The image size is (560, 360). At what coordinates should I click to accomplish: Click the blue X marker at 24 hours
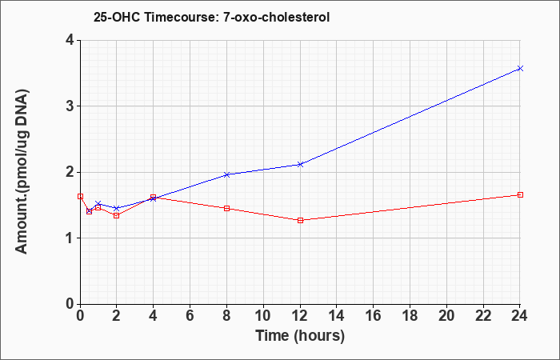pos(520,68)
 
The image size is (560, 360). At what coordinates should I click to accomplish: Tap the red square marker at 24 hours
pos(520,194)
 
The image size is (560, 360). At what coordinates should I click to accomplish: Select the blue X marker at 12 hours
pos(300,164)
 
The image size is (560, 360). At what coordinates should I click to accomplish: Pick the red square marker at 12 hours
pos(300,220)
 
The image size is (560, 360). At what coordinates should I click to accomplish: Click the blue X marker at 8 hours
pos(226,174)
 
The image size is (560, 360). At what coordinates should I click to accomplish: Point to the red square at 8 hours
pos(226,208)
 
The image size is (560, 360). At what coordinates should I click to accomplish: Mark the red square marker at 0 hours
pos(80,196)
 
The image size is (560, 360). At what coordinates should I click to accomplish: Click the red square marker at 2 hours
pos(117,215)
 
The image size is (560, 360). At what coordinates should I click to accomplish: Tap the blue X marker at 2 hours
pos(117,208)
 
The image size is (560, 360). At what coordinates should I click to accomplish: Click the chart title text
pos(211,17)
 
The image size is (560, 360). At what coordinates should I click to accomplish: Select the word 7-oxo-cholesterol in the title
pos(276,17)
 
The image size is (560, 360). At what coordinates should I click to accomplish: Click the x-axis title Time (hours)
pos(300,336)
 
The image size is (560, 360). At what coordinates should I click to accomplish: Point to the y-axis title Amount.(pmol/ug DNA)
pos(22,172)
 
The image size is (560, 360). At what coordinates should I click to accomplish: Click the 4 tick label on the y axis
pos(70,40)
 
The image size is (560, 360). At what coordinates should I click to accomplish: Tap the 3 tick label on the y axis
pos(70,106)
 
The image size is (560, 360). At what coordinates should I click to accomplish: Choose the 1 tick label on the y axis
pos(70,238)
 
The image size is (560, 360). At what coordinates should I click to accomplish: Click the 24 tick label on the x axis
pos(520,316)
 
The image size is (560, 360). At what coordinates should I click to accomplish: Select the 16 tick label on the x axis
pos(374,316)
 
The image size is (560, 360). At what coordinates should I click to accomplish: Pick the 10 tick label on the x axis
pos(263,316)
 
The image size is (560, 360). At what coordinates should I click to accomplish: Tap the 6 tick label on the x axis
pos(190,316)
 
